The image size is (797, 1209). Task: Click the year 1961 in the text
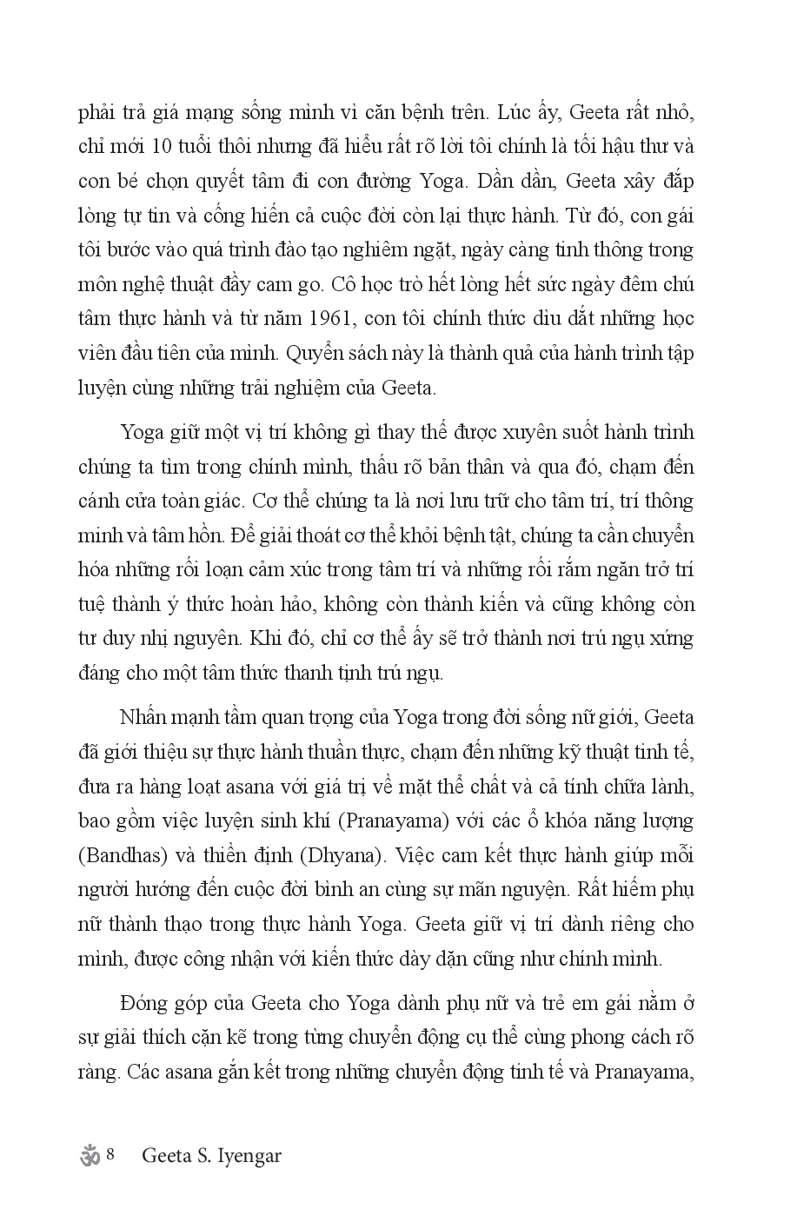pos(334,318)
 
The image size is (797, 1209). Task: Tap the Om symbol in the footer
pos(90,1157)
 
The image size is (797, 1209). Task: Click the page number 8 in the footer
pos(111,1156)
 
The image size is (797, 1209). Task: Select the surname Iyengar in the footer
pos(251,1157)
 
